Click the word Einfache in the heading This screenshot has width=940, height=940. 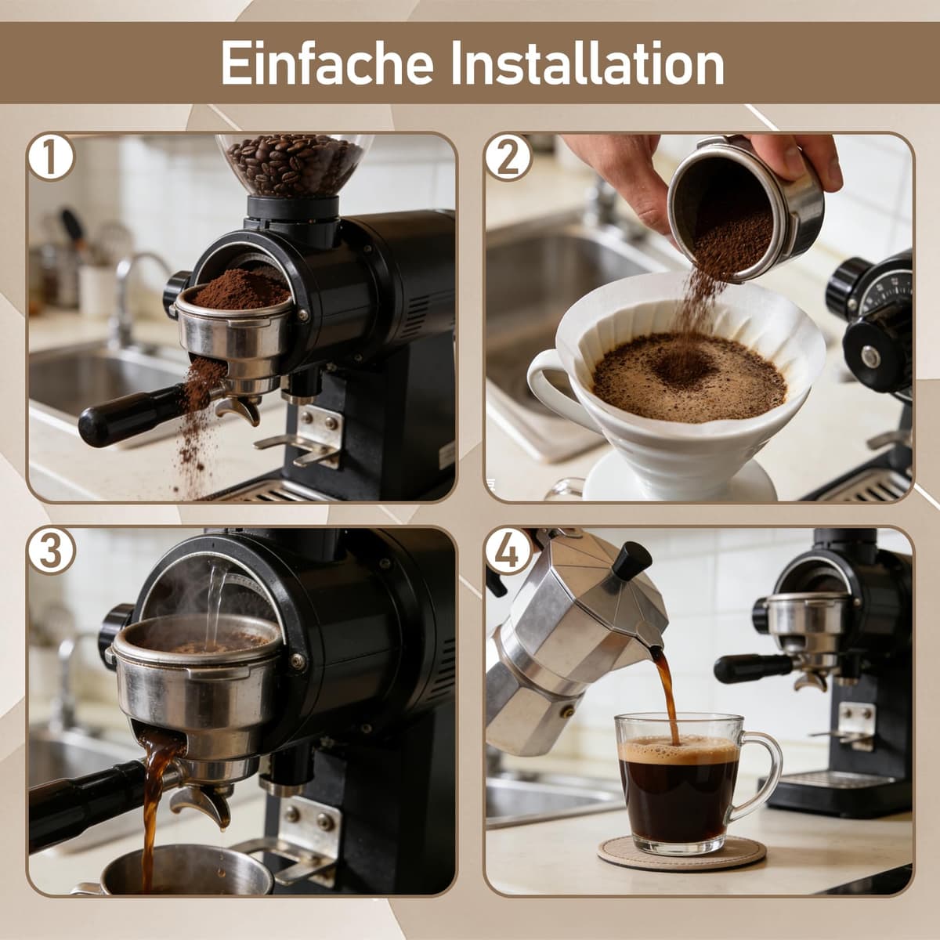point(327,63)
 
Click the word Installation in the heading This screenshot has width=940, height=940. point(587,63)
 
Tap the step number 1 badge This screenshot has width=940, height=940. point(51,157)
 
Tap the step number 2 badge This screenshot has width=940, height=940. point(508,157)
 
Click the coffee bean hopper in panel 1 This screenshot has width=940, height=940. point(295,164)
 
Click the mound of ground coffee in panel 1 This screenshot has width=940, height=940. point(240,290)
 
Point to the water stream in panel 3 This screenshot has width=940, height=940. point(214,605)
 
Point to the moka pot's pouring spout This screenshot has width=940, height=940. point(653,643)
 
